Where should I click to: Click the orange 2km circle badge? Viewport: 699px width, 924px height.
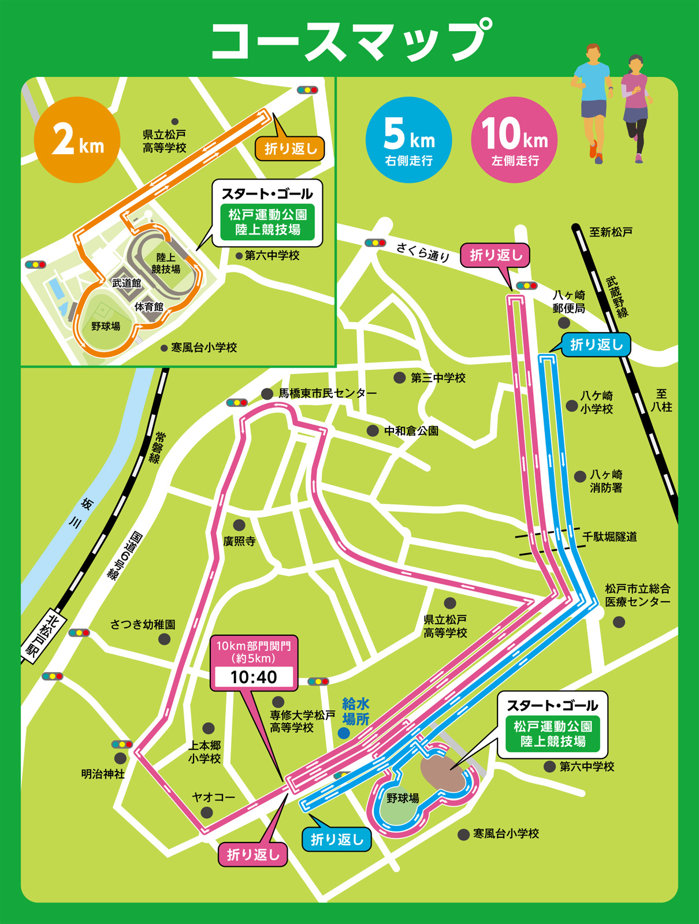(77, 140)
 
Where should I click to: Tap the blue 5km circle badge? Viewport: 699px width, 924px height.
(408, 140)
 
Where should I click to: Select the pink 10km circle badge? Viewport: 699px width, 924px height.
(514, 140)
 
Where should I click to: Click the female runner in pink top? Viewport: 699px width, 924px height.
(635, 107)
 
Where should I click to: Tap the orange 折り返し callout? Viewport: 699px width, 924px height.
(290, 149)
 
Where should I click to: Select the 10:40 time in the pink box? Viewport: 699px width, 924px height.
(254, 677)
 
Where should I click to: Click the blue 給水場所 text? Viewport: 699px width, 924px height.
(355, 711)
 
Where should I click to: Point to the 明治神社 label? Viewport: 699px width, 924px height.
(103, 774)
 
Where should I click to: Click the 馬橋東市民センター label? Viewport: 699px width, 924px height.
(328, 393)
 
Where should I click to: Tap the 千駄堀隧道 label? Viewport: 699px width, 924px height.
(609, 536)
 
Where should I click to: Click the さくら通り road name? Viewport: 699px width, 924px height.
(423, 252)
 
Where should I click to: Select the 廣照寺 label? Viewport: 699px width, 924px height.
(239, 541)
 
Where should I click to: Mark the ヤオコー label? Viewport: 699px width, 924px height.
(213, 797)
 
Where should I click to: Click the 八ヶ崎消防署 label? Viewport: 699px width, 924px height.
(606, 481)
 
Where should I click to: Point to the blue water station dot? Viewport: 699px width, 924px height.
(344, 733)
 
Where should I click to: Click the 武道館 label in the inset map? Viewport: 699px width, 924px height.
(127, 283)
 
